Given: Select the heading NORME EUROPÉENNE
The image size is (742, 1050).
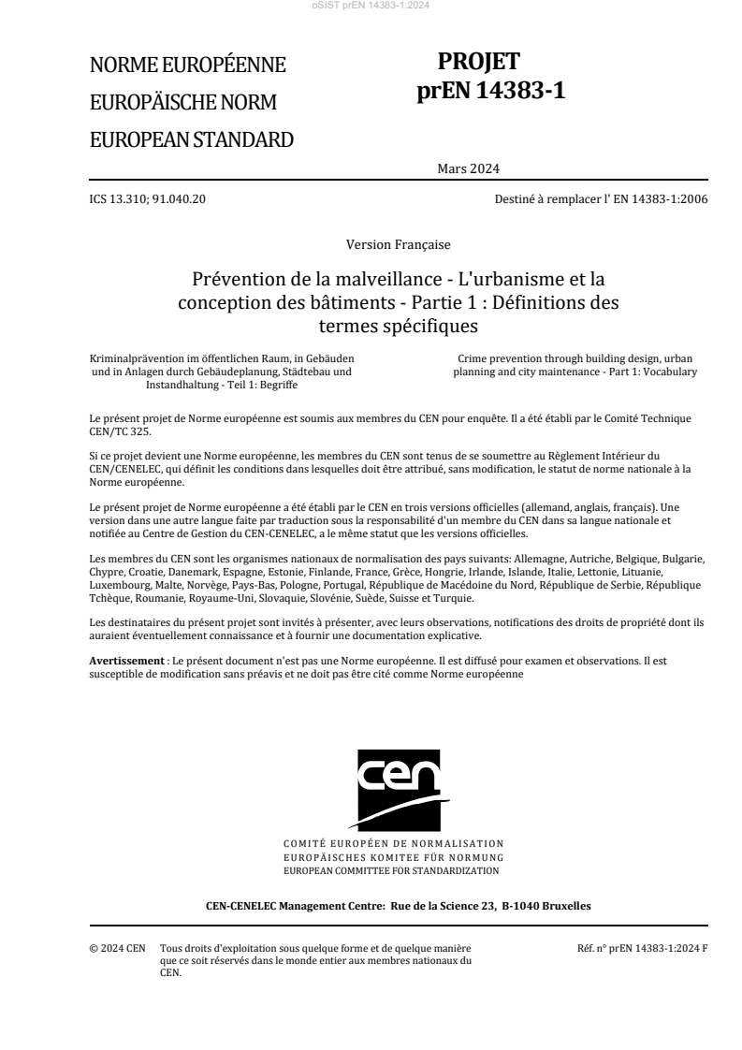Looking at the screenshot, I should point(187,66).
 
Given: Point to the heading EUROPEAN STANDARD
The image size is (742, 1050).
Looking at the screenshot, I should point(191,139).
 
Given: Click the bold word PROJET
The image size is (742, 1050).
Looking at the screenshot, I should point(478,62).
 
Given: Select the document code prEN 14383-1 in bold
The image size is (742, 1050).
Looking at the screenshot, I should point(491,91).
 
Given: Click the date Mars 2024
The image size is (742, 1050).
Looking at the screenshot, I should point(468,168).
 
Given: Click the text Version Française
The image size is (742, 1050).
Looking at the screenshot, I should point(398,244).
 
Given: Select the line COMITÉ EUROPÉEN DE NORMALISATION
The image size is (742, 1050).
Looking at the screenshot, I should point(393,843).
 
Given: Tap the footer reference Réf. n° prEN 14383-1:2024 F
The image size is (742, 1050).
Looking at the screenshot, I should point(643,949).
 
